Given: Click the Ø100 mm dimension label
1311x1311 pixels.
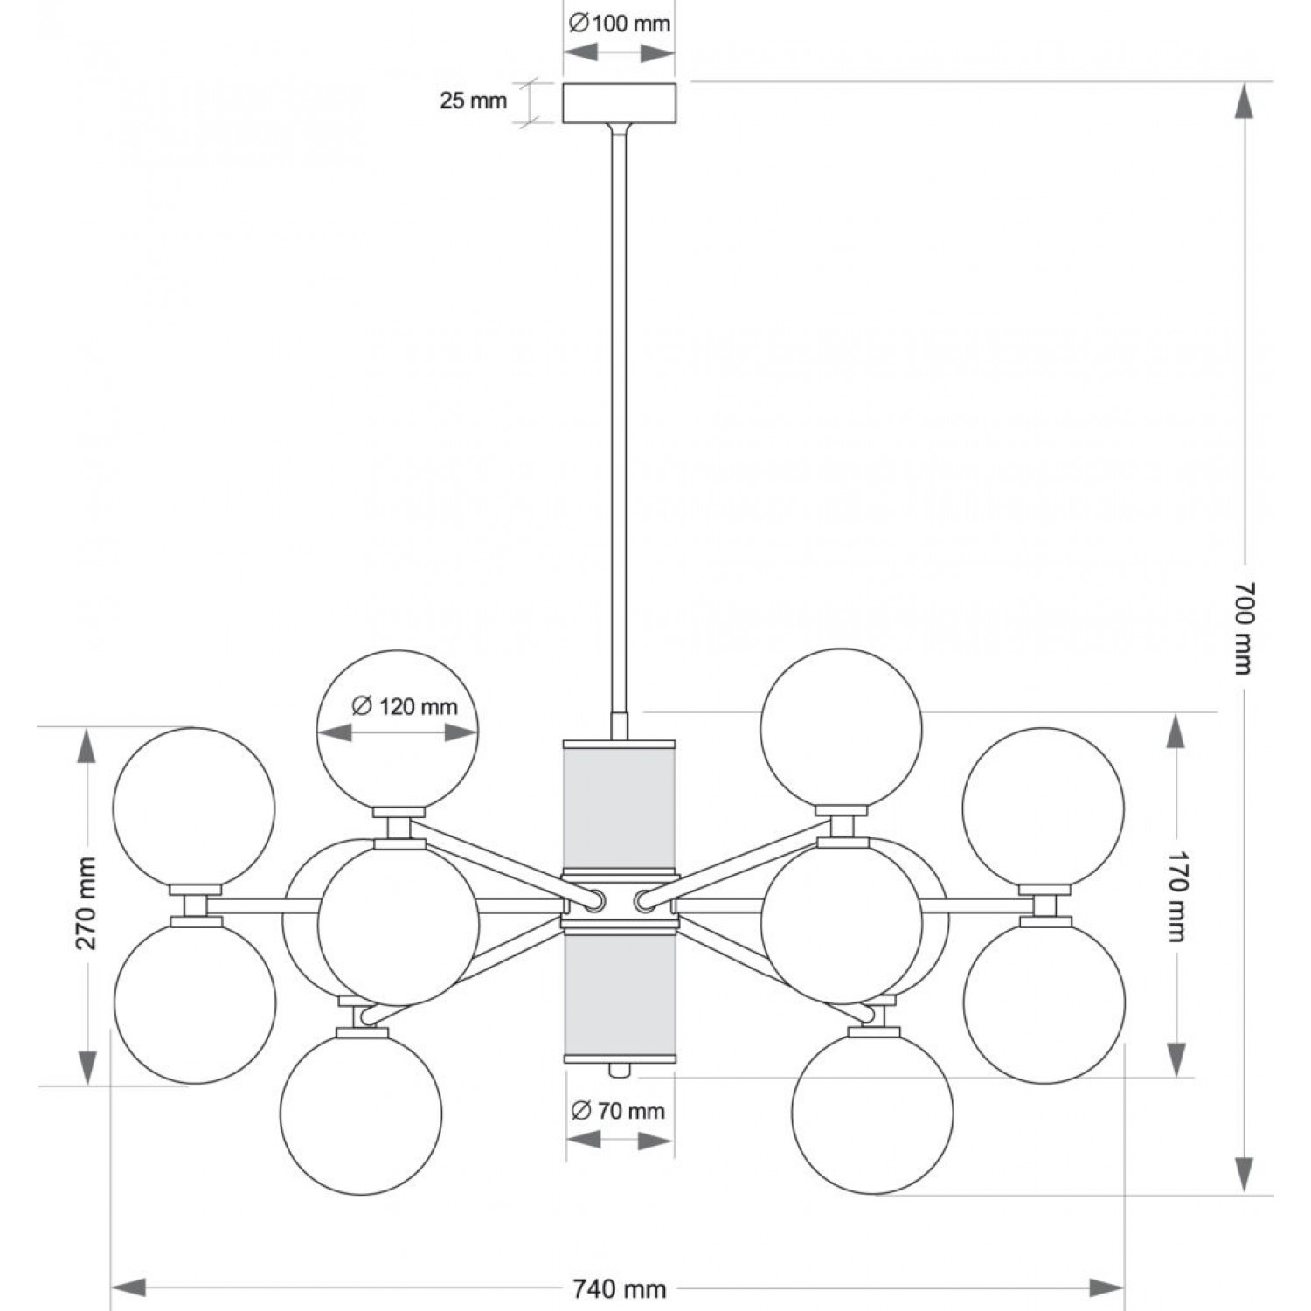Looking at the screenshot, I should (619, 24).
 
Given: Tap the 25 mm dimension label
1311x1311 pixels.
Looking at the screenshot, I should (473, 101).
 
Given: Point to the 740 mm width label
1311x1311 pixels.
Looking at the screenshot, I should (620, 1288).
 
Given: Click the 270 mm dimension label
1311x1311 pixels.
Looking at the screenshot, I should (86, 904).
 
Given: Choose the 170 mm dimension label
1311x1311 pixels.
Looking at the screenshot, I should (1178, 895).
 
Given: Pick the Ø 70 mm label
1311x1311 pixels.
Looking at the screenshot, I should (618, 1111).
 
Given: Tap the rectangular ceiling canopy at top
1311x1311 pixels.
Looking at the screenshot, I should (619, 102).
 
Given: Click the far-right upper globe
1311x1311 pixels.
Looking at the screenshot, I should (1043, 808).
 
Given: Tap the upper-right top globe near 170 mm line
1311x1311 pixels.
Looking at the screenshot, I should (841, 728).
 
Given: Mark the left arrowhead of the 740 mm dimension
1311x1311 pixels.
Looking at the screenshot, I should (129, 1288).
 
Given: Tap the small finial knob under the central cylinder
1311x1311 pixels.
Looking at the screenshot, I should (620, 1069).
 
